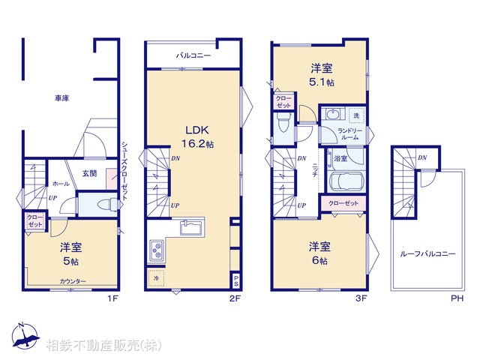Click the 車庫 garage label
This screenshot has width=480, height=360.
pos(61,98)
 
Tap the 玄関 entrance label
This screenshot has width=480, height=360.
pos(90,175)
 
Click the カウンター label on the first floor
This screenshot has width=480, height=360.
pos(73,281)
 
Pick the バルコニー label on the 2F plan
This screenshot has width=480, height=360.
pos(193,55)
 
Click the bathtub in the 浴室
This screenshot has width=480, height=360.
pos(346,182)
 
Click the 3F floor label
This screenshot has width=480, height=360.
pos(361,298)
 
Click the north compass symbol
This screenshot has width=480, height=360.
pos(24,337)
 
